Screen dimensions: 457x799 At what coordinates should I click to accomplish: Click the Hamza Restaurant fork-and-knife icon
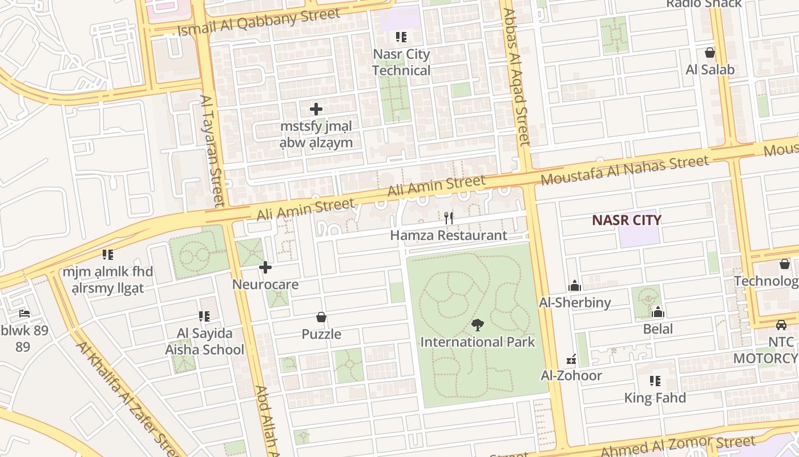click(x=449, y=218)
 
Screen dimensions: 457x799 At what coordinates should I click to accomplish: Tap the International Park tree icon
click(x=477, y=325)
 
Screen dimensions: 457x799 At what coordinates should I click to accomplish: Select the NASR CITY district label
click(x=626, y=220)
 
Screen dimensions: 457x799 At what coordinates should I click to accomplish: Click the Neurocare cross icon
click(x=265, y=267)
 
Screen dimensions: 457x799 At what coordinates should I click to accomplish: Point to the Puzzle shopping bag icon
click(x=321, y=317)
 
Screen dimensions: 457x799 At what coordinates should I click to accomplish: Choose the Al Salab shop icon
click(x=710, y=53)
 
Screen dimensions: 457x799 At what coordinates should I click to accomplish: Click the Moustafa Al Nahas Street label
click(x=624, y=170)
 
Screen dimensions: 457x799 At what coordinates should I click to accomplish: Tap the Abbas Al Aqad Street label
click(x=516, y=77)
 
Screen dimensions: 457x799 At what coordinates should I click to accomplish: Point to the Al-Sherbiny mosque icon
click(x=575, y=285)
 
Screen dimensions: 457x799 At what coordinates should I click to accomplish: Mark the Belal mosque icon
click(x=658, y=312)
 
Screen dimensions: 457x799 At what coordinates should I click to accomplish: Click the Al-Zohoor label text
click(x=571, y=375)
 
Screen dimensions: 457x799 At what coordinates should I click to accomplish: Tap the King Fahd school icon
click(x=655, y=380)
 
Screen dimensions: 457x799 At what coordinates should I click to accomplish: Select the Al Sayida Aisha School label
click(x=204, y=342)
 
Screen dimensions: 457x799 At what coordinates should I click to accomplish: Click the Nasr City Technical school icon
click(x=401, y=37)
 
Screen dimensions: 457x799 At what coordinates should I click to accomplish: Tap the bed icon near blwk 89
click(x=24, y=314)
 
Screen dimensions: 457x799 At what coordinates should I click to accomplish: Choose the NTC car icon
click(x=781, y=324)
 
